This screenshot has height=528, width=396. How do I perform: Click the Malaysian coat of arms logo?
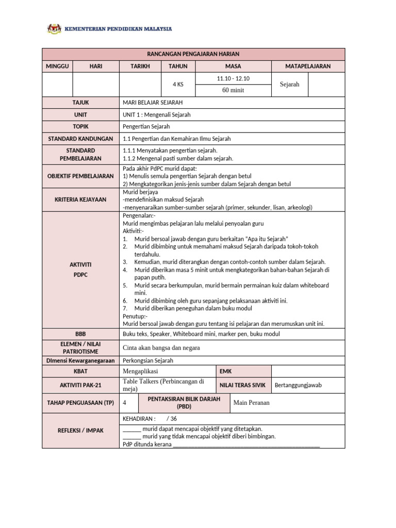tap(54, 29)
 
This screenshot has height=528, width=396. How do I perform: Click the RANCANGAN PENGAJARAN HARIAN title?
tap(193, 54)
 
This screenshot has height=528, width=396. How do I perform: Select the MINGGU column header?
tap(57, 67)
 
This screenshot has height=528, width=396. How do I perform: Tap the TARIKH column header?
tap(140, 67)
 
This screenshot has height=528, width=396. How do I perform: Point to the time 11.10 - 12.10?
tap(233, 78)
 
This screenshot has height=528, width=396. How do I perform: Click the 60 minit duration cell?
tap(233, 90)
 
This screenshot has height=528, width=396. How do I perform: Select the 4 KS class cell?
tap(178, 85)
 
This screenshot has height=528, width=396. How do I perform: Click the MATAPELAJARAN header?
tap(308, 67)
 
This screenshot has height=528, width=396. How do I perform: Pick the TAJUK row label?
tap(80, 103)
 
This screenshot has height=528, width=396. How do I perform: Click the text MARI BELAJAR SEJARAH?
tap(153, 103)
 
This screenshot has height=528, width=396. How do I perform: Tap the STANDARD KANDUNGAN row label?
tap(80, 139)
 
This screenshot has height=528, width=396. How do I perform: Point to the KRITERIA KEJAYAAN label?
tap(80, 199)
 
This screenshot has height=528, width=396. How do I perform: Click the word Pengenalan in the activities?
tap(136, 215)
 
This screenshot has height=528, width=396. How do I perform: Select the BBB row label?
tap(80, 334)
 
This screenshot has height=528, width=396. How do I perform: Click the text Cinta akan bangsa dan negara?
tap(161, 348)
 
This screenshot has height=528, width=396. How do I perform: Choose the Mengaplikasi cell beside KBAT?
tap(140, 371)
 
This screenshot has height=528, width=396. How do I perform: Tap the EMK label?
tap(226, 371)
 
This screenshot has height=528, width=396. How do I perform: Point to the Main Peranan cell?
tap(252, 403)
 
